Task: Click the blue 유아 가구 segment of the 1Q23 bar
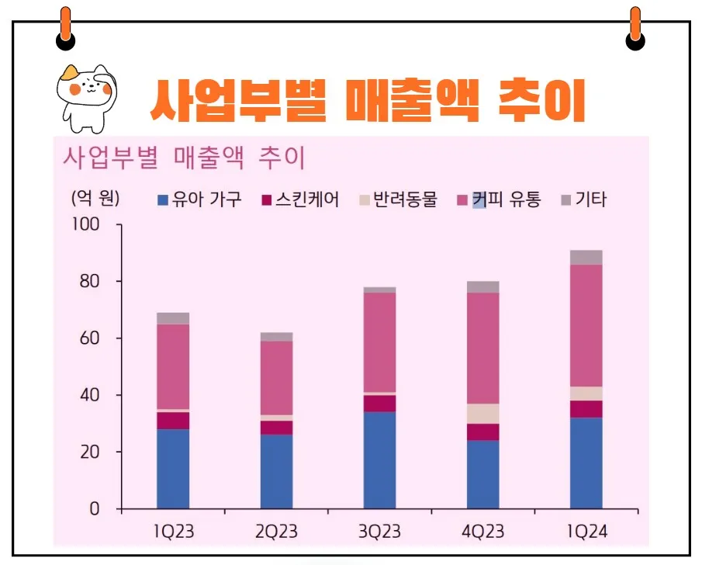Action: pyautogui.click(x=173, y=469)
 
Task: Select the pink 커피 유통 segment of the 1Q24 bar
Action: pyautogui.click(x=586, y=325)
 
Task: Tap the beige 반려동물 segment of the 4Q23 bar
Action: pyautogui.click(x=483, y=414)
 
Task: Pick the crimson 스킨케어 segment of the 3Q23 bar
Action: pyautogui.click(x=380, y=404)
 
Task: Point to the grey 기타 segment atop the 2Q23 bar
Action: pyautogui.click(x=277, y=337)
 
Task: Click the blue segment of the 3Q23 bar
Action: pyautogui.click(x=380, y=460)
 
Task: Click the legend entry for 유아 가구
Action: pyautogui.click(x=199, y=199)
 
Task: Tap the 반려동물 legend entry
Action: pyautogui.click(x=397, y=199)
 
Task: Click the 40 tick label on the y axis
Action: pyautogui.click(x=90, y=395)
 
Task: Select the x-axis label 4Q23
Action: pyautogui.click(x=482, y=532)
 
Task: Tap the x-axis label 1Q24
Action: pyautogui.click(x=586, y=532)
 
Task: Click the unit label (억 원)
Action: pyautogui.click(x=95, y=198)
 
